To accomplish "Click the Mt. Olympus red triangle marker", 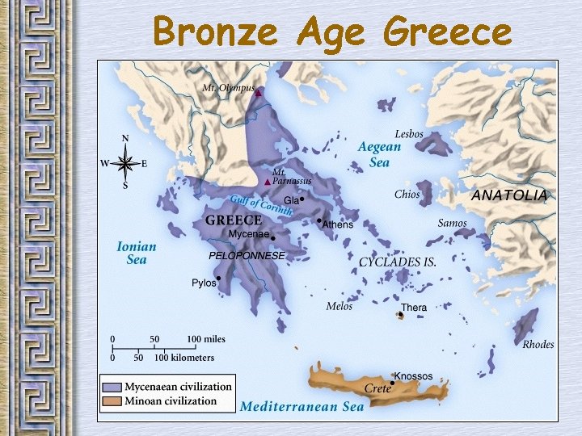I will click(258, 93).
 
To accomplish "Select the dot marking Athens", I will click(319, 220).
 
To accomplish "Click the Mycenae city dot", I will click(273, 238).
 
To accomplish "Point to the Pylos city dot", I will click(219, 278).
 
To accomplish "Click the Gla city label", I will click(291, 200).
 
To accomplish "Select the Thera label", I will click(414, 308).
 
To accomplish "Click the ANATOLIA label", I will click(509, 195).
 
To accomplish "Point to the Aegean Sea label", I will click(379, 154).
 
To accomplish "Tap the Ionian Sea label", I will click(137, 253).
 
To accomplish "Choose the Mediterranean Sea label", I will click(302, 406).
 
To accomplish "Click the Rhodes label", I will click(538, 345).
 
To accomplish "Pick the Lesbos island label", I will click(409, 134).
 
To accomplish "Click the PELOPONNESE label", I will click(247, 255).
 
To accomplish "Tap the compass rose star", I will click(125, 163).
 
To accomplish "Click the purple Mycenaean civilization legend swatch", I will click(112, 387).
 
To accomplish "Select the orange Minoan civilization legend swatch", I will click(112, 400).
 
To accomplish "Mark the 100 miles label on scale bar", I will click(205, 338).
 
